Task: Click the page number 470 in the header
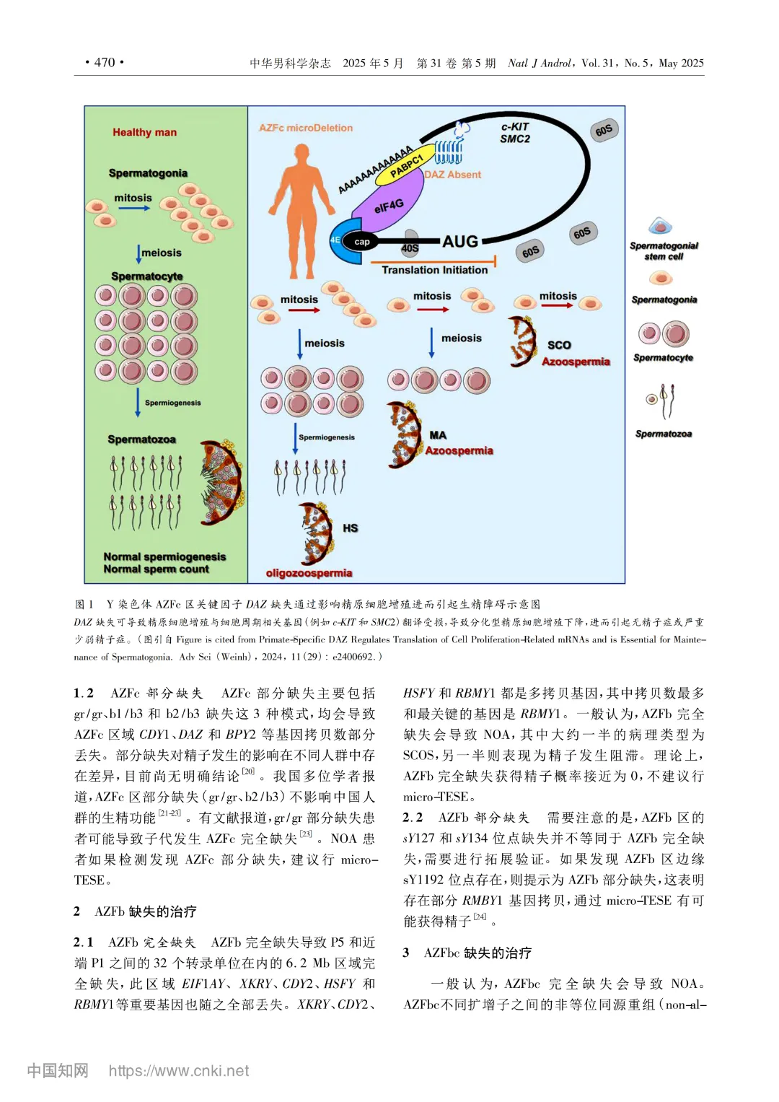[x=105, y=63]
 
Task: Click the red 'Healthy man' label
[x=144, y=132]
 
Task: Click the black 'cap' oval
[x=362, y=242]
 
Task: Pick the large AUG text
[x=460, y=242]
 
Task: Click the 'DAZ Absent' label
[x=452, y=175]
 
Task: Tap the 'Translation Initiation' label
[x=434, y=270]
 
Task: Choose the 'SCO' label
[x=559, y=345]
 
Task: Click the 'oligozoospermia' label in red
[x=309, y=573]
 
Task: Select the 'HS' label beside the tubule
[x=350, y=528]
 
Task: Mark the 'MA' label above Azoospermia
[x=438, y=435]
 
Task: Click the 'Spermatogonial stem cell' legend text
[x=664, y=251]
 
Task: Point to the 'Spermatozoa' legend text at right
[x=664, y=434]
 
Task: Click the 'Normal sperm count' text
[x=156, y=569]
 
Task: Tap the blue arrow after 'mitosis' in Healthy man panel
[x=134, y=209]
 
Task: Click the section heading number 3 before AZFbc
[x=406, y=953]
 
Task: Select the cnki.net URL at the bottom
[x=179, y=1071]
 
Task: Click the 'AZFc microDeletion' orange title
[x=306, y=128]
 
